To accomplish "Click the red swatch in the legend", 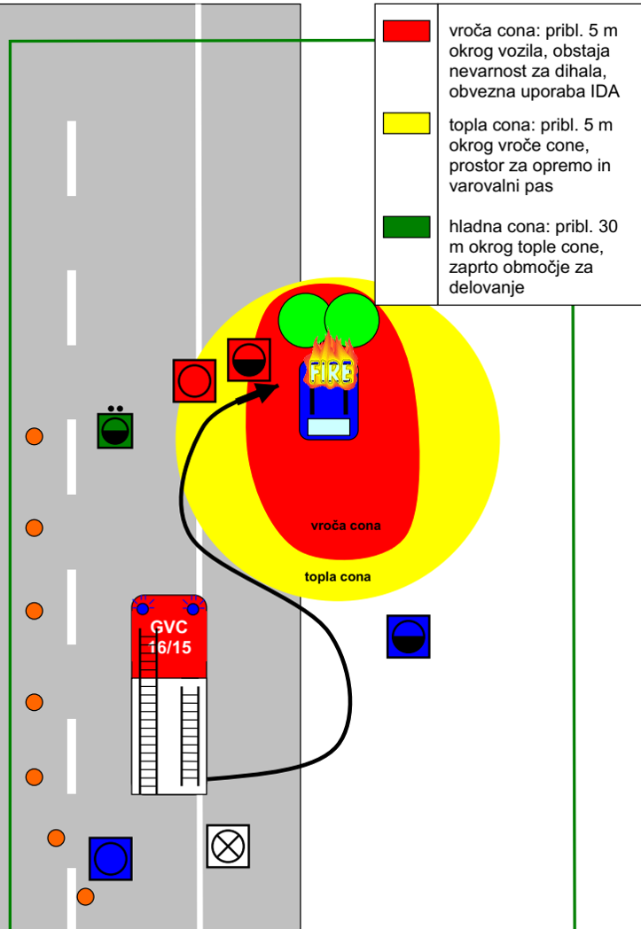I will pos(406,30).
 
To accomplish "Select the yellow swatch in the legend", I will pos(406,123).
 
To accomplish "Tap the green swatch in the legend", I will pos(406,227).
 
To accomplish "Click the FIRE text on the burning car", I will pos(330,371).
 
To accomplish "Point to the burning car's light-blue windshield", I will pos(328,427).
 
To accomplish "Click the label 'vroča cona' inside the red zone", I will pos(346,526).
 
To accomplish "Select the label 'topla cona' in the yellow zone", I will pos(338,576).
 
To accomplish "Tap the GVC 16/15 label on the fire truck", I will pos(170,636).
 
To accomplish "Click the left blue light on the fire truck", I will pos(143,608).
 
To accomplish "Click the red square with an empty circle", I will pos(195,381).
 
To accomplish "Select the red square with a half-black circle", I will pos(249,359).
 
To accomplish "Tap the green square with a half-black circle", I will pos(114,430).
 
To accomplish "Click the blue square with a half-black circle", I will pos(409,636).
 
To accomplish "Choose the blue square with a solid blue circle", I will pos(110,858).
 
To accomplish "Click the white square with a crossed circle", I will pos(228,846).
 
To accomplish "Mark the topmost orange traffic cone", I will pos(34,436).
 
